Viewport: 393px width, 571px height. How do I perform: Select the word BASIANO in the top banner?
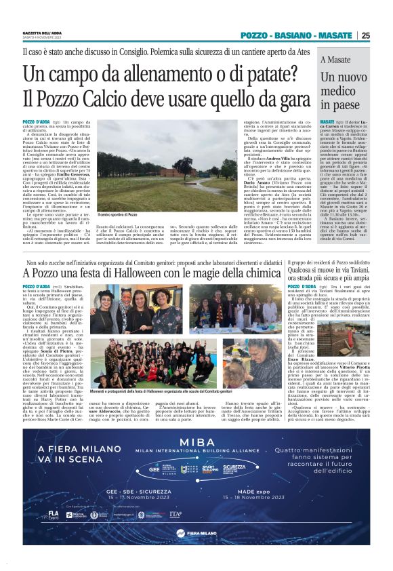pos(295,35)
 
